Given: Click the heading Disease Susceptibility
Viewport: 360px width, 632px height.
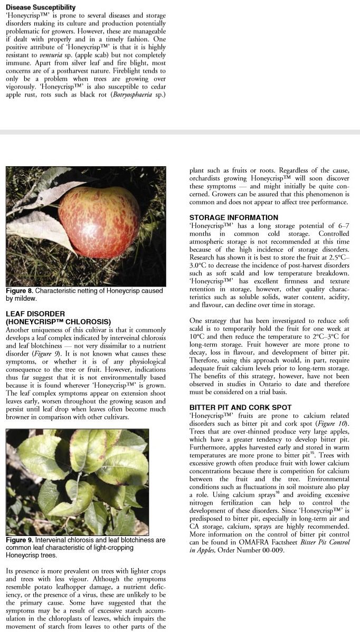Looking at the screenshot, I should [x=41, y=8].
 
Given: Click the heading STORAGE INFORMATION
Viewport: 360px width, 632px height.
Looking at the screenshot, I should [x=233, y=217].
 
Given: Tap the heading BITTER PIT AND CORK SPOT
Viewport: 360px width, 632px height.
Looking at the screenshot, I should [x=240, y=407].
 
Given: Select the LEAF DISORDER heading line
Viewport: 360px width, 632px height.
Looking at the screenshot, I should [x=35, y=313].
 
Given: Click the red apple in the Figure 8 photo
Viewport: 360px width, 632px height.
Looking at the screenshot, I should [x=100, y=225].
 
